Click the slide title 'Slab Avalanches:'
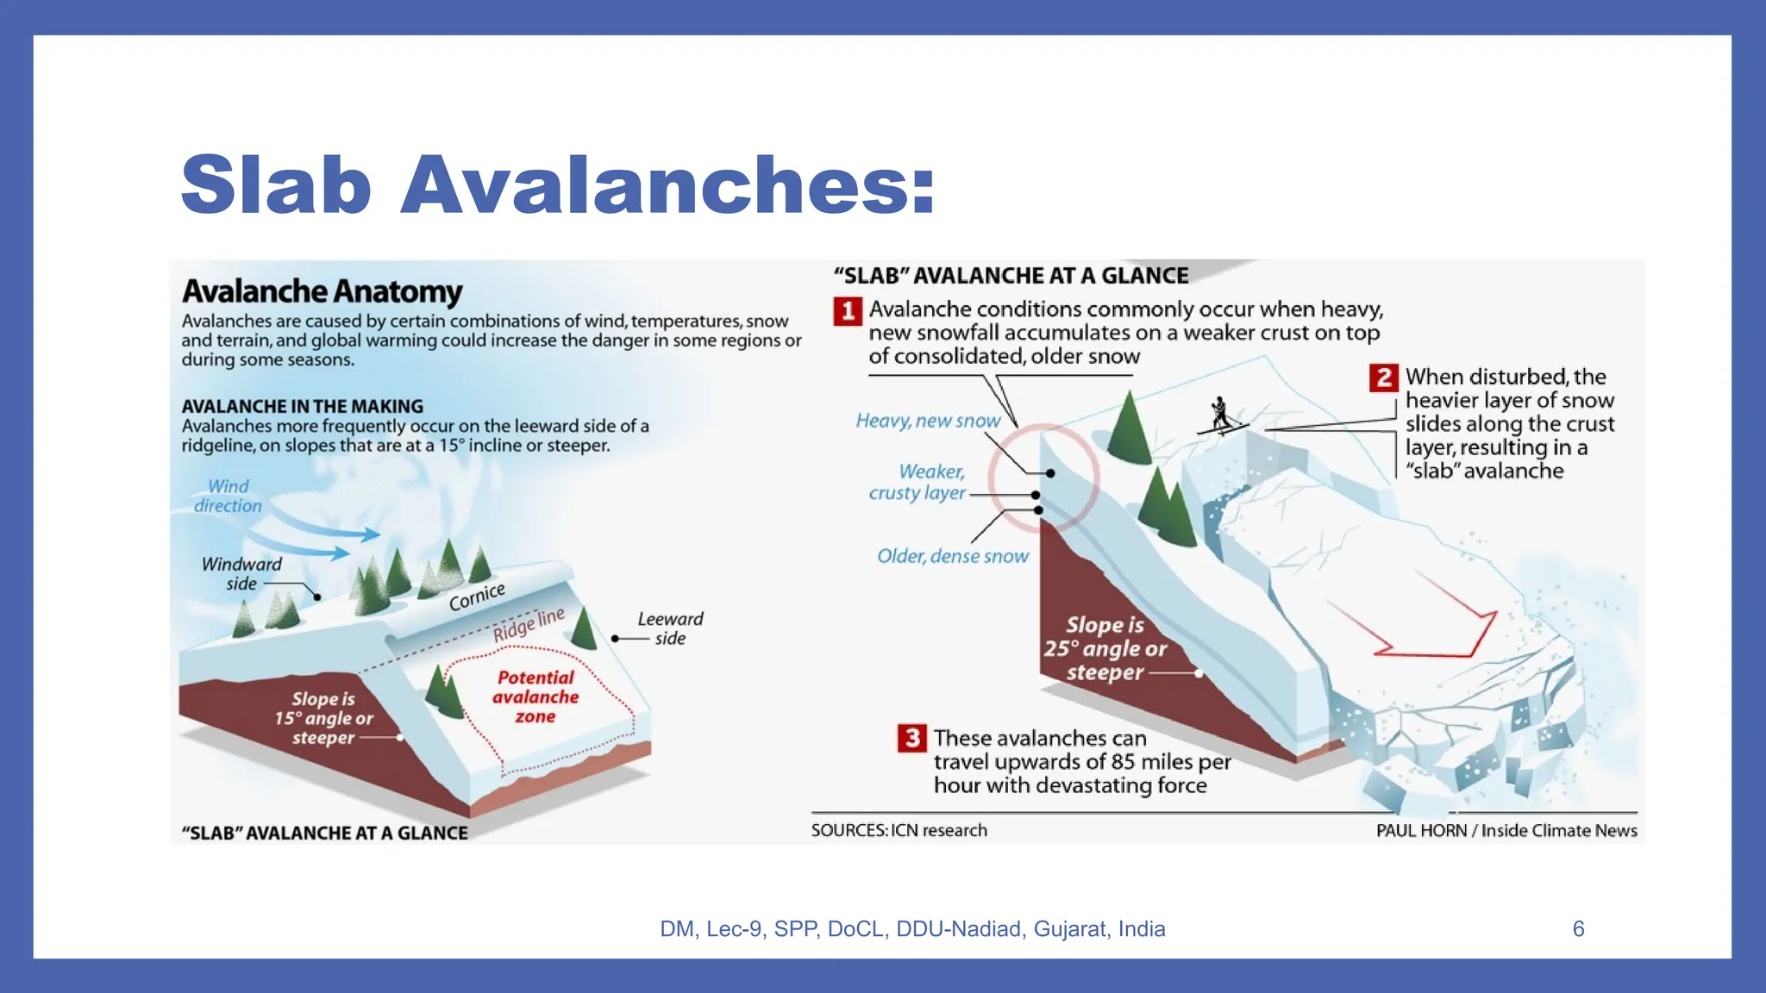click(x=558, y=184)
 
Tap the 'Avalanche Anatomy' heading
click(x=322, y=291)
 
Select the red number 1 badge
click(x=848, y=310)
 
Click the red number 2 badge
click(x=1384, y=378)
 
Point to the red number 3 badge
click(x=912, y=738)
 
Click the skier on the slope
click(x=1221, y=415)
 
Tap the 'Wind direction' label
click(x=228, y=496)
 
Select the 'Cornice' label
click(x=476, y=596)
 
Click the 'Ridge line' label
click(x=529, y=624)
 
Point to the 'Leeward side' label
click(x=670, y=628)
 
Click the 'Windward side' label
click(x=241, y=573)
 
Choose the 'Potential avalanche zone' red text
click(x=535, y=696)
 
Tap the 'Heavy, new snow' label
click(x=928, y=421)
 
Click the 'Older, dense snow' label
click(x=953, y=556)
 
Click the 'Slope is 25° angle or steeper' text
click(x=1105, y=648)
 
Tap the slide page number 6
click(x=1578, y=928)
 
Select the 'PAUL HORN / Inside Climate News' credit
click(x=1506, y=830)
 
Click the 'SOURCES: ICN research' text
click(x=899, y=830)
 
